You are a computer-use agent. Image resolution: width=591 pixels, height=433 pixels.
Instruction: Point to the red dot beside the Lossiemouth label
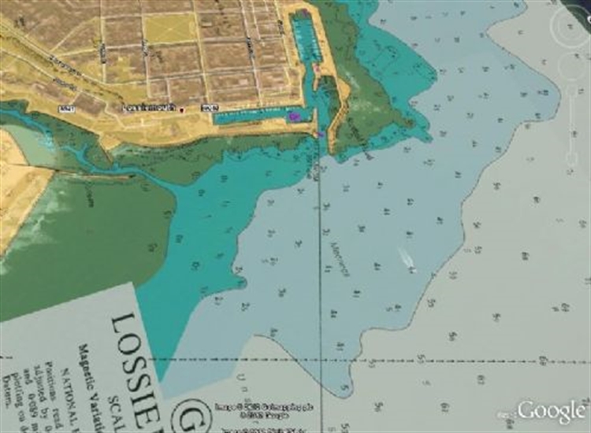click(x=182, y=110)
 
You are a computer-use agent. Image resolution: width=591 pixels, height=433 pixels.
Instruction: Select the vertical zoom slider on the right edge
click(x=573, y=126)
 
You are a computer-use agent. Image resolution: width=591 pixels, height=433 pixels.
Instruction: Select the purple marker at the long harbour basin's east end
click(x=294, y=117)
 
